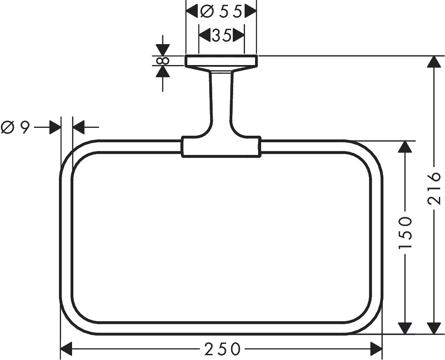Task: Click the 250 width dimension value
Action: coord(222,349)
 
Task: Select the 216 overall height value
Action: coord(433,189)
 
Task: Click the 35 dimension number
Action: coord(221,35)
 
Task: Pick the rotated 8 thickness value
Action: coord(163,60)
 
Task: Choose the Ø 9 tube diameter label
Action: coord(15,127)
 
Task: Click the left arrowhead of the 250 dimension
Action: coord(66,348)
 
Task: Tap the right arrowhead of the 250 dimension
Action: coord(376,348)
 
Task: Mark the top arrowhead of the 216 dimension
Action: coord(433,62)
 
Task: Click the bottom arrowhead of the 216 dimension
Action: coord(433,328)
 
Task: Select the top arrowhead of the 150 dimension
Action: coord(406,147)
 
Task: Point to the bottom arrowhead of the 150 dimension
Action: coord(406,328)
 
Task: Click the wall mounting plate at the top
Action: coord(221,61)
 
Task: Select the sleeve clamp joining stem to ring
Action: coord(221,146)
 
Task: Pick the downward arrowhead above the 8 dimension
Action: coord(163,50)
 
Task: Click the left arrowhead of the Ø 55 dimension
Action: coord(192,12)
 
